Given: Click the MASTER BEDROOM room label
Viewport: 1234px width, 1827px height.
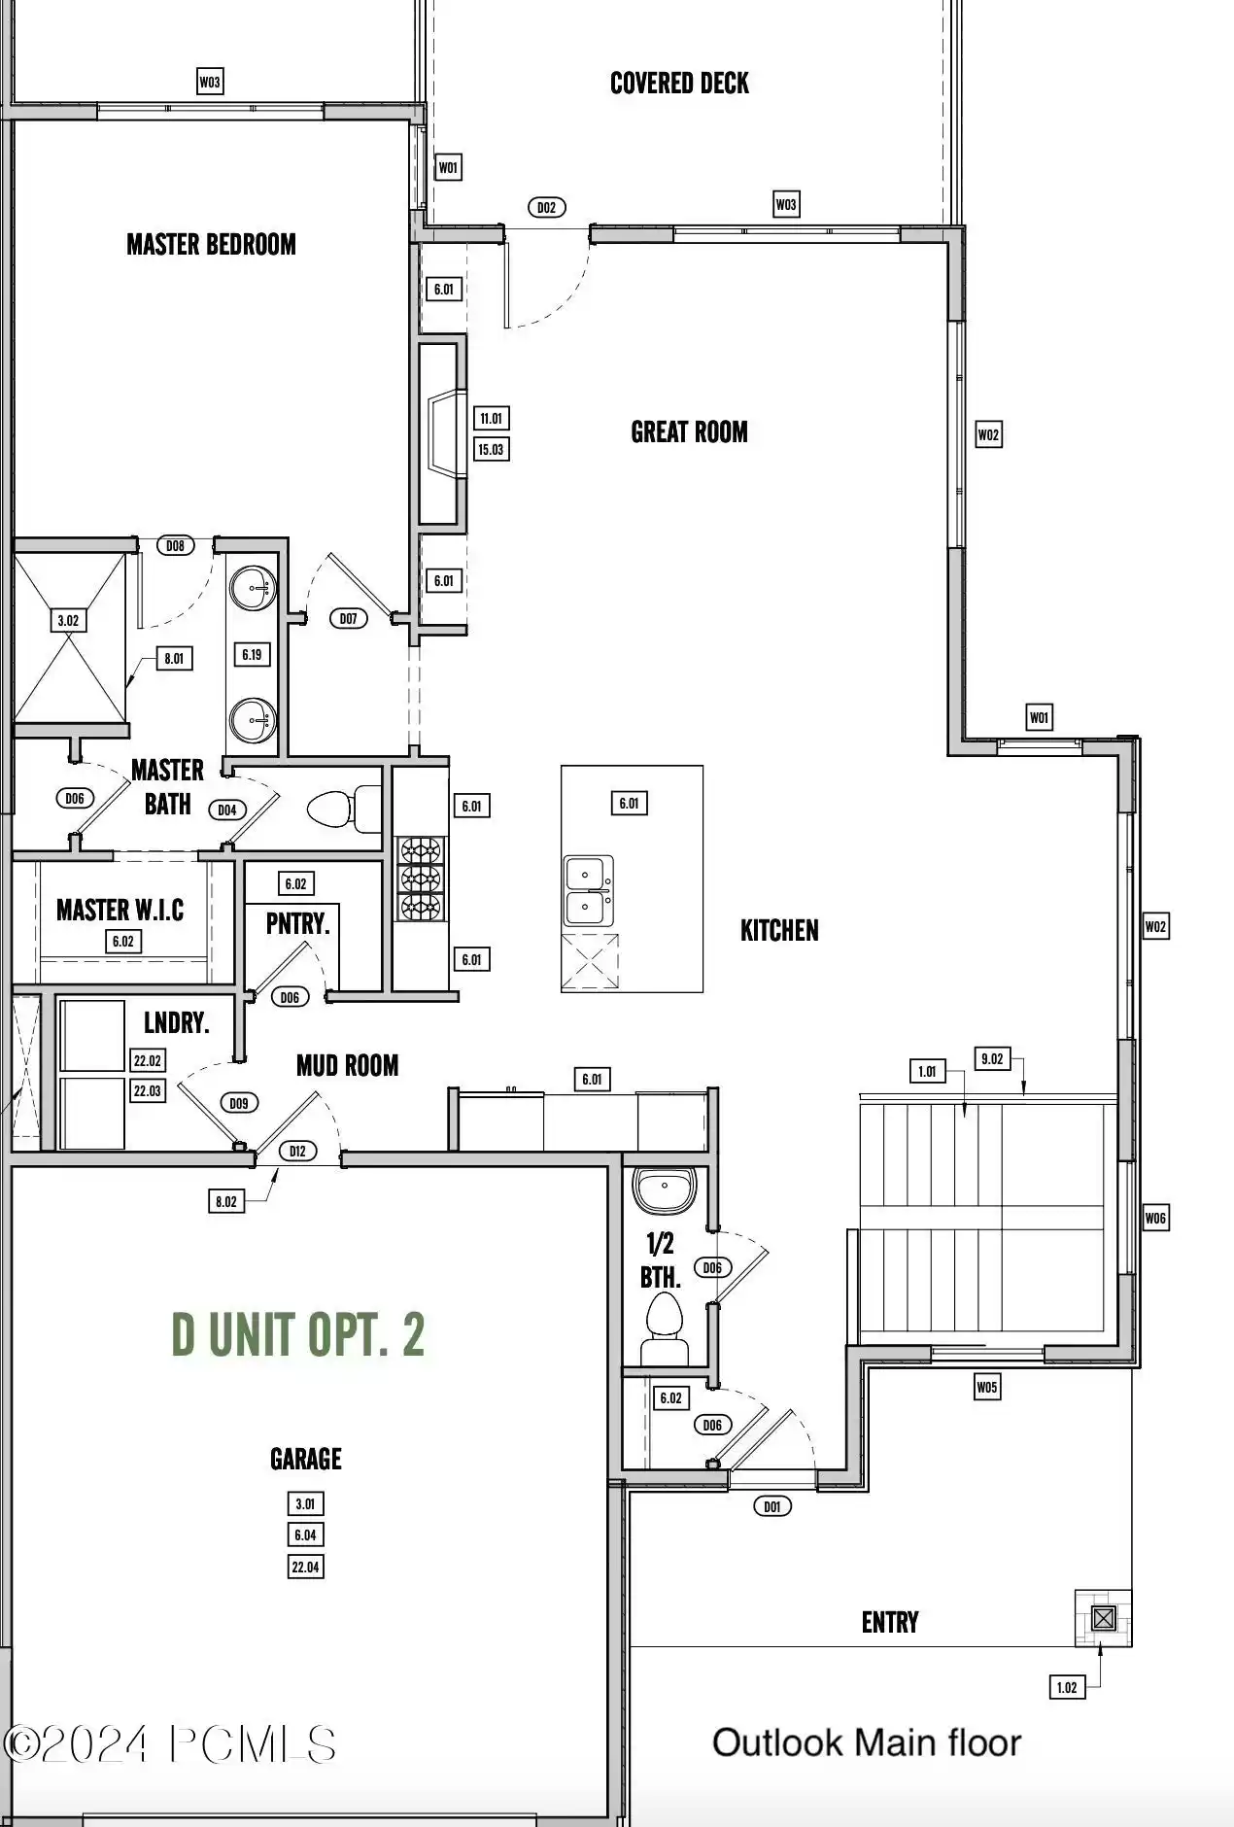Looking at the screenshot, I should point(211,244).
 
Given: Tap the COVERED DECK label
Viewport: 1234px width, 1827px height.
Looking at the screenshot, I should point(679,84).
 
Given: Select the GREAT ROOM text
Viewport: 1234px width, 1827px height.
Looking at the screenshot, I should point(689,432).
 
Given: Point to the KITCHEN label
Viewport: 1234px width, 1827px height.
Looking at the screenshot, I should point(779,931).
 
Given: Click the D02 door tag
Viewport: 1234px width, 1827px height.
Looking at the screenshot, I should point(546,207).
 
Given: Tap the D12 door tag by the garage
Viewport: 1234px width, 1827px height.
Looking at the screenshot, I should point(297,1151).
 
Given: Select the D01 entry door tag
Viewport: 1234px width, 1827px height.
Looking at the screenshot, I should point(771,1506).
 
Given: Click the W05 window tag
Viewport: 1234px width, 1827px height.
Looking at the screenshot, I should point(986,1387).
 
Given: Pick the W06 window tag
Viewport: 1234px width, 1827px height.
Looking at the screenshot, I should point(1154,1218).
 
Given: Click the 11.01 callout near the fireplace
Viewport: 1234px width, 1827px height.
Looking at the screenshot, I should point(491,419).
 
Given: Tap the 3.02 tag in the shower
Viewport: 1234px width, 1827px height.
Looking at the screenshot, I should point(68,620).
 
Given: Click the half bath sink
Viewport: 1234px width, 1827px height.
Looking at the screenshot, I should point(665,1189).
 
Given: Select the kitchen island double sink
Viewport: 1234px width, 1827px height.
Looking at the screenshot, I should point(589,891).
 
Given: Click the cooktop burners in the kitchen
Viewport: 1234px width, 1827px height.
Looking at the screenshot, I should point(421,879).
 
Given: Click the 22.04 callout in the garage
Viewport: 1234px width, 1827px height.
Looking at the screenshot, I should point(305,1567).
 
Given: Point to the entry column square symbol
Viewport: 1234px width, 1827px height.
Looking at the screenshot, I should point(1103,1618).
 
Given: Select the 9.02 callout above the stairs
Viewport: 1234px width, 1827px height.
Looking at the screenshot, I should point(991,1058).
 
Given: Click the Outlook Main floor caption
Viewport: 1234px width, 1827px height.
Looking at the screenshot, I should point(866,1742).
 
